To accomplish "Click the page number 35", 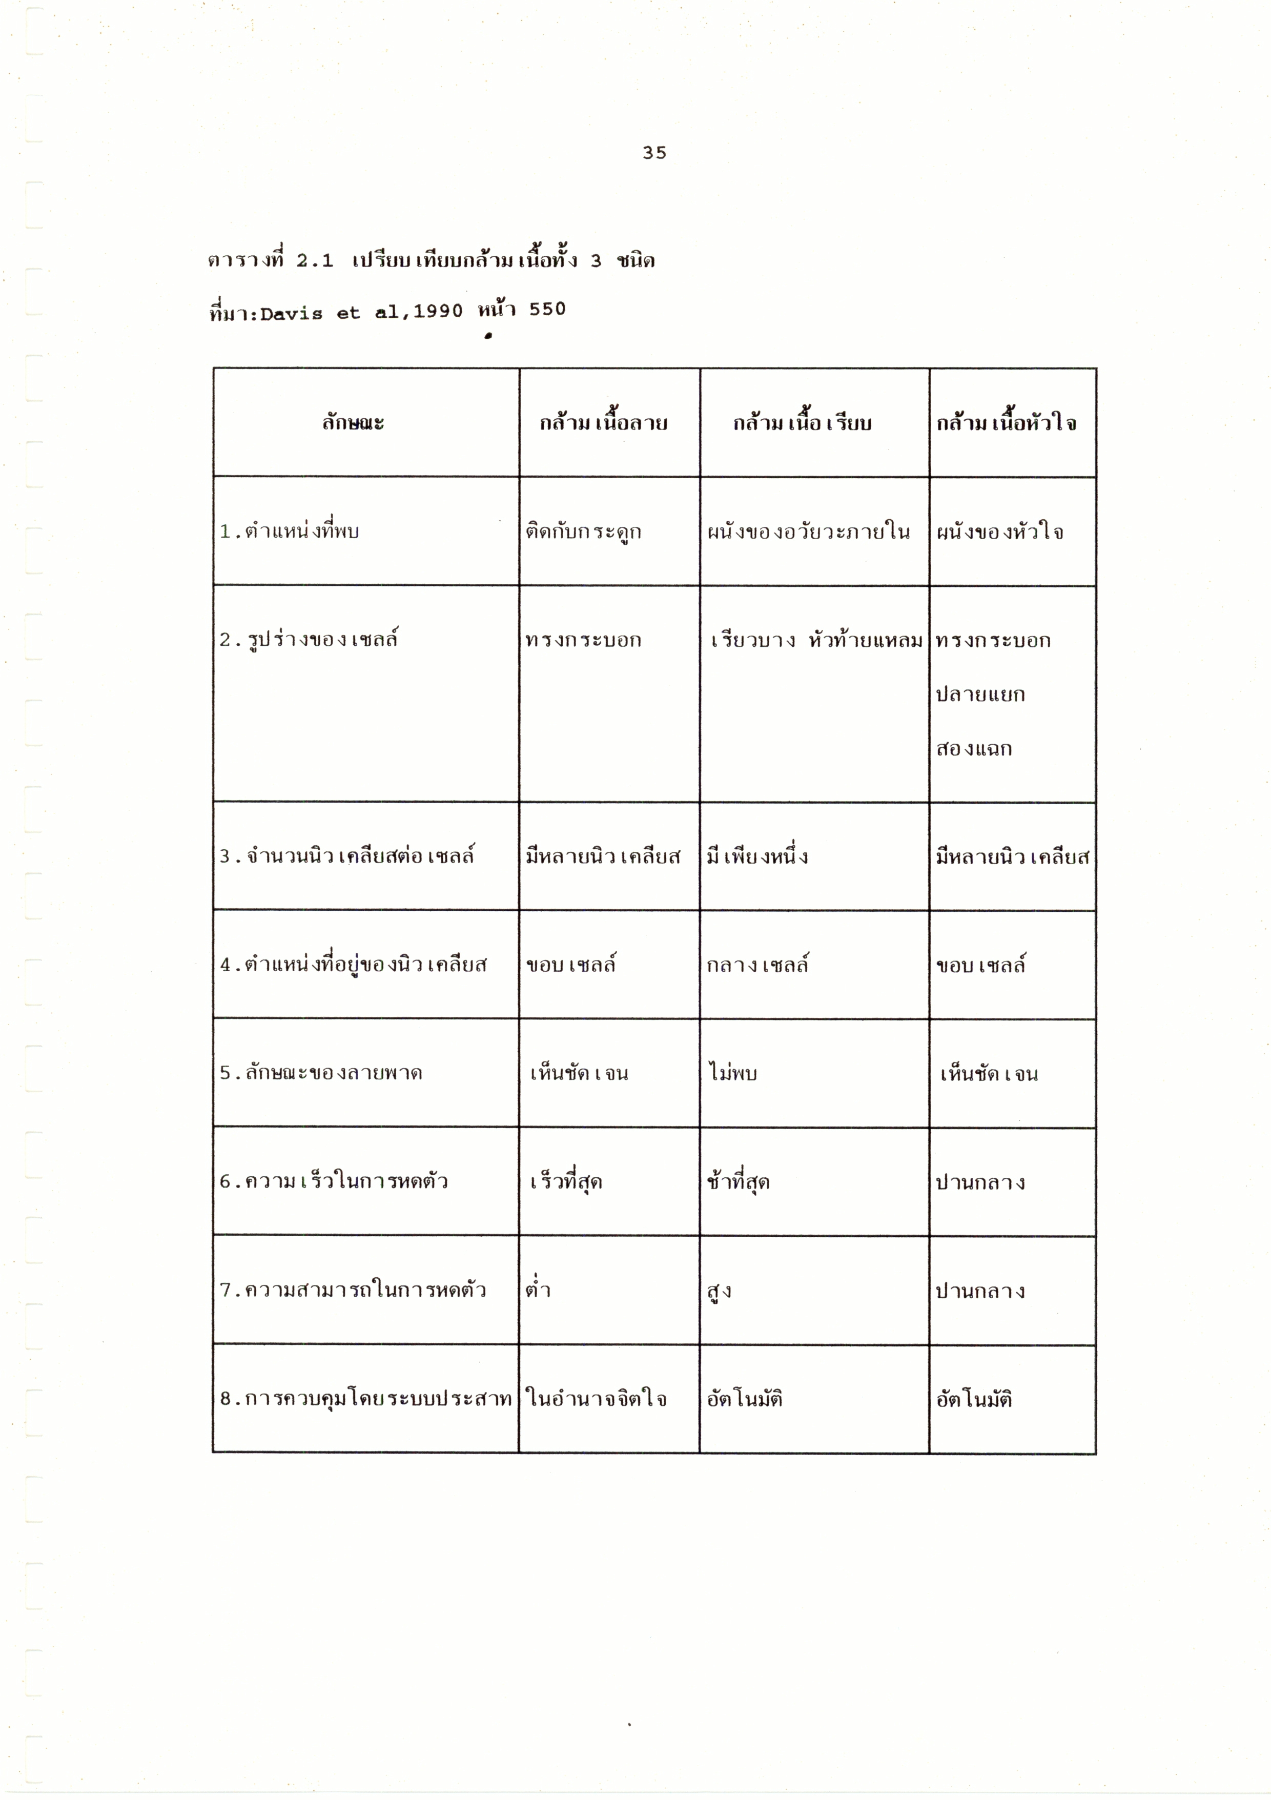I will pos(654,153).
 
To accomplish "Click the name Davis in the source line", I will pos(291,314).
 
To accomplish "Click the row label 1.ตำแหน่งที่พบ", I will pos(290,531).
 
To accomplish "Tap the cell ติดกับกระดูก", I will pos(583,531).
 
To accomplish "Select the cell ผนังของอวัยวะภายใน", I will pos(808,531).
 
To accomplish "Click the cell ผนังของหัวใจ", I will pos(1000,531).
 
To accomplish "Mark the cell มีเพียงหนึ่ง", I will pos(757,856).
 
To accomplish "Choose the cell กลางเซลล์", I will pos(757,964).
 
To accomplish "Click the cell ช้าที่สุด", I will pos(738,1181).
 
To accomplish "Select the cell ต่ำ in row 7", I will pos(538,1289).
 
